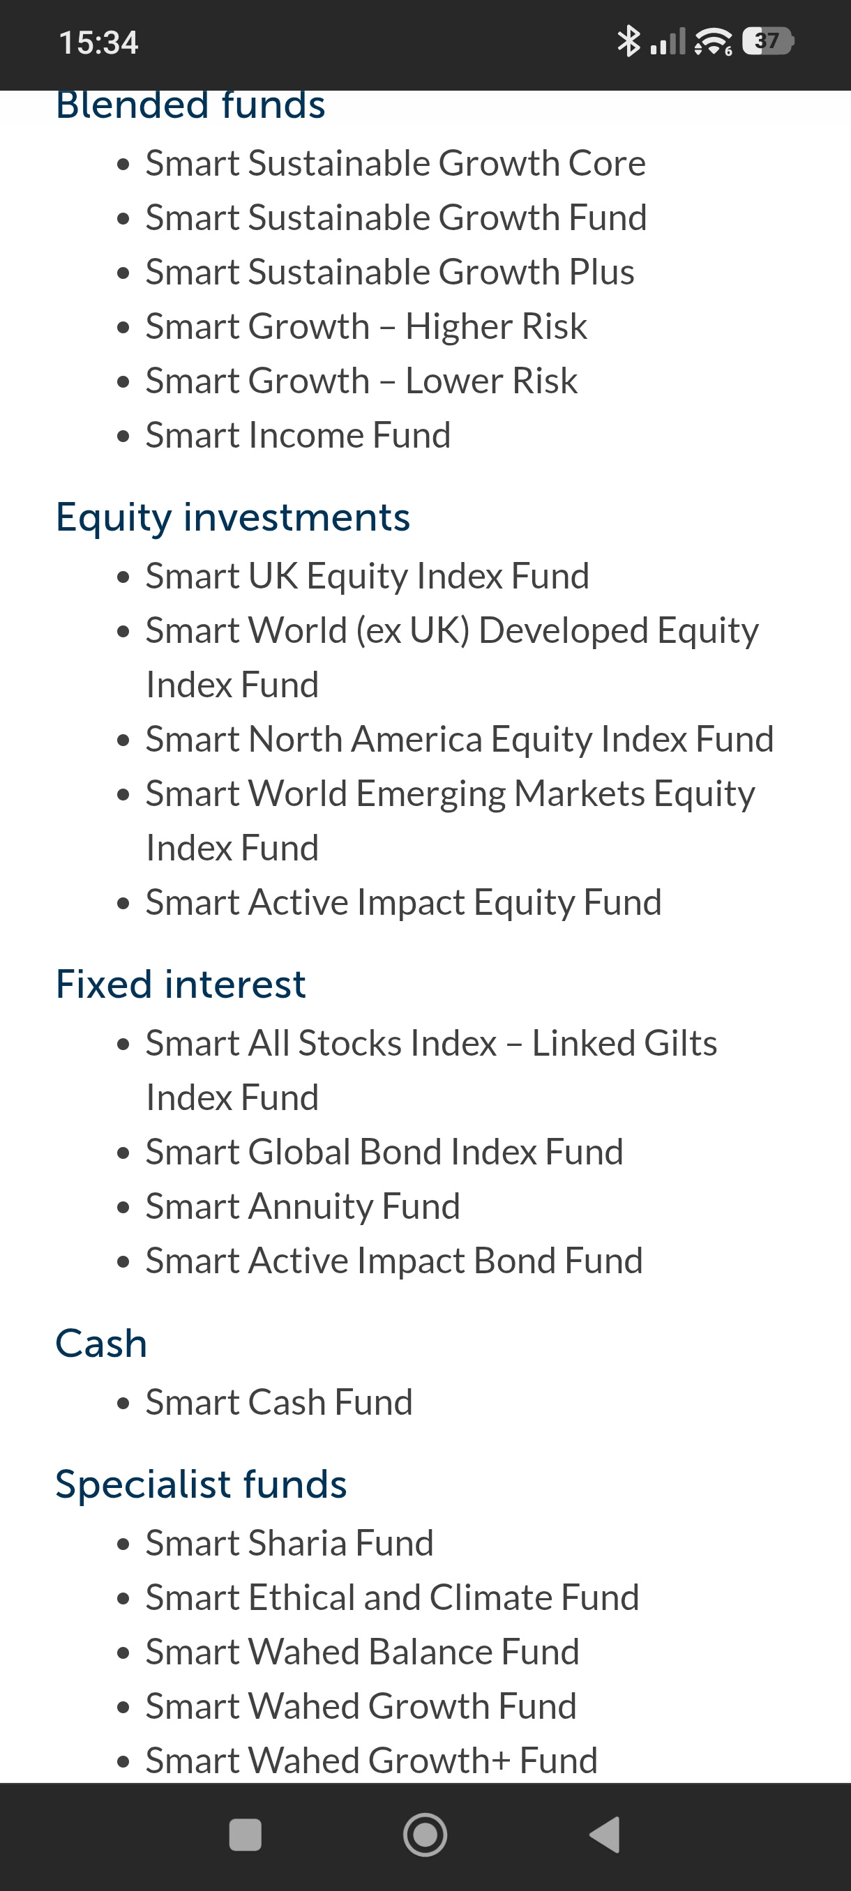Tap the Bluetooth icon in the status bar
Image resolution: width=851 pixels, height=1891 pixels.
tap(628, 41)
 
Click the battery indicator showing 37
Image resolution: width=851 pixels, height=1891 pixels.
tap(768, 41)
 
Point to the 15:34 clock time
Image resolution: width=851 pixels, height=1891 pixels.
tap(98, 43)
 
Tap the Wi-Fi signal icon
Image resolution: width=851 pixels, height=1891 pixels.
tap(713, 41)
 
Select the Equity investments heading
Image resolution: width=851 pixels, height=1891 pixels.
tap(233, 517)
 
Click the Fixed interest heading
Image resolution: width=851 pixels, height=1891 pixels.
tap(181, 984)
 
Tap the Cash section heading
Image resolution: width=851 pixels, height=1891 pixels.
tap(101, 1344)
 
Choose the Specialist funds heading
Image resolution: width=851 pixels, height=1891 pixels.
tap(201, 1484)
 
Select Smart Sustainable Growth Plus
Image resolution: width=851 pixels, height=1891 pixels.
tap(390, 273)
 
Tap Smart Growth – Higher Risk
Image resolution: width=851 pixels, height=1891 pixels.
tap(366, 326)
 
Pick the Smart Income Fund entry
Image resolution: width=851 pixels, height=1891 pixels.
tap(298, 435)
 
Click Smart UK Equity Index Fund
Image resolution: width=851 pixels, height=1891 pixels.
tap(367, 576)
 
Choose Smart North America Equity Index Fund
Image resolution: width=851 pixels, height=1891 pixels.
tap(460, 739)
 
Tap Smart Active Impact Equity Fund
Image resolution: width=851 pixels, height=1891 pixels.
tap(404, 902)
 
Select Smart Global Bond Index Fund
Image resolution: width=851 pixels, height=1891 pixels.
tap(384, 1152)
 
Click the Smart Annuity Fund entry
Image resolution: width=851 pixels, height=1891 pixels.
tap(303, 1207)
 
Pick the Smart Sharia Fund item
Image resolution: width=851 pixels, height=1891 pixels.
tap(289, 1543)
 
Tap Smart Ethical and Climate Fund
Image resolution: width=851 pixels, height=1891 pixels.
tap(392, 1597)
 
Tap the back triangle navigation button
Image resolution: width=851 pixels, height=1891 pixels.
tap(605, 1835)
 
